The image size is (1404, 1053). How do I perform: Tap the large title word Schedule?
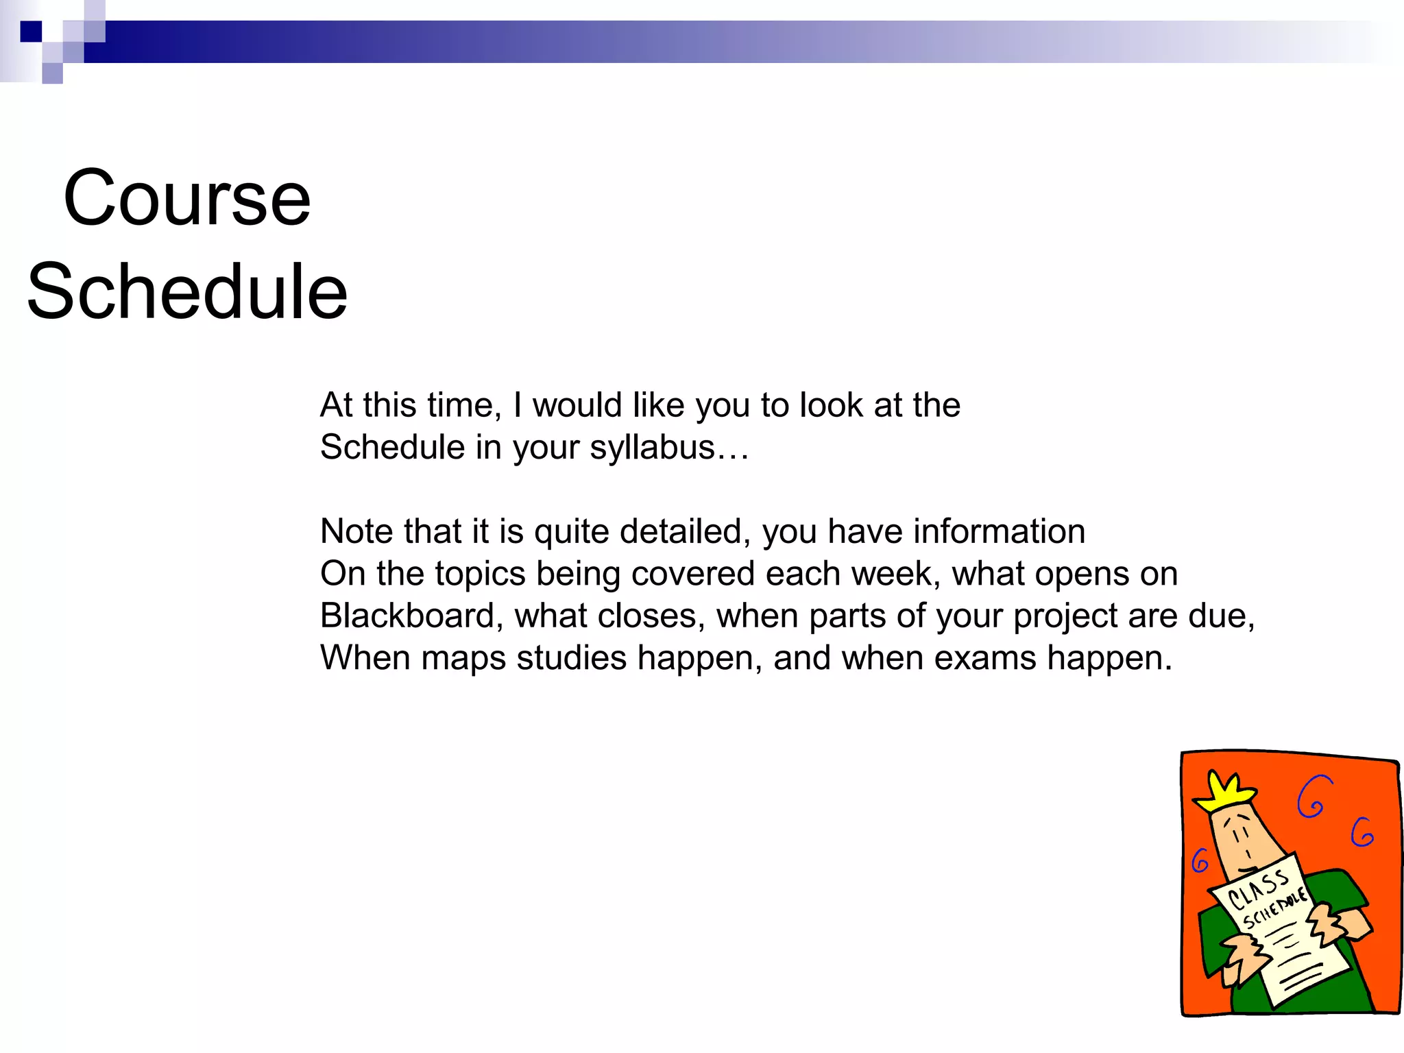187,291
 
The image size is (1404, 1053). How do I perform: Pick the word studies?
572,658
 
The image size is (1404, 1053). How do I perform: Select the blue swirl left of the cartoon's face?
1200,861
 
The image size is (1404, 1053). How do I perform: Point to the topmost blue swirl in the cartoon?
1314,797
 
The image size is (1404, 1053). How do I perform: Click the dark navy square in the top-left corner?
31,32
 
